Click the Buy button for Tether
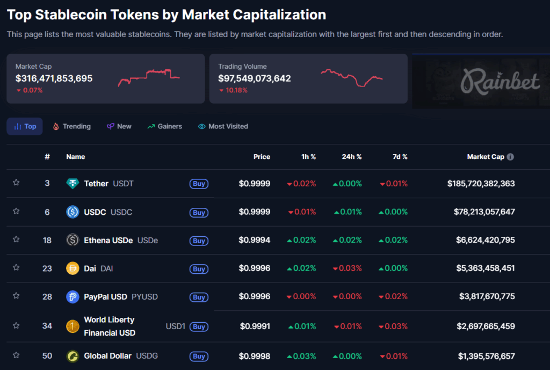[199, 184]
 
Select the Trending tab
[71, 127]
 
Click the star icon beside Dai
[16, 267]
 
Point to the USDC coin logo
[73, 212]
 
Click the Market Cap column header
[486, 157]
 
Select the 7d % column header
[400, 157]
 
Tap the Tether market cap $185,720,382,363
[481, 184]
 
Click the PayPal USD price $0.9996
[255, 296]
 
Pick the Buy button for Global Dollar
[199, 356]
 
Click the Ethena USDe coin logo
[73, 240]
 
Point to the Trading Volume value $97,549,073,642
[255, 78]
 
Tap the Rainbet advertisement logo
[500, 82]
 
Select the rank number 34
[47, 325]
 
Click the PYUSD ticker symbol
[144, 296]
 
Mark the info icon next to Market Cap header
[510, 157]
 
